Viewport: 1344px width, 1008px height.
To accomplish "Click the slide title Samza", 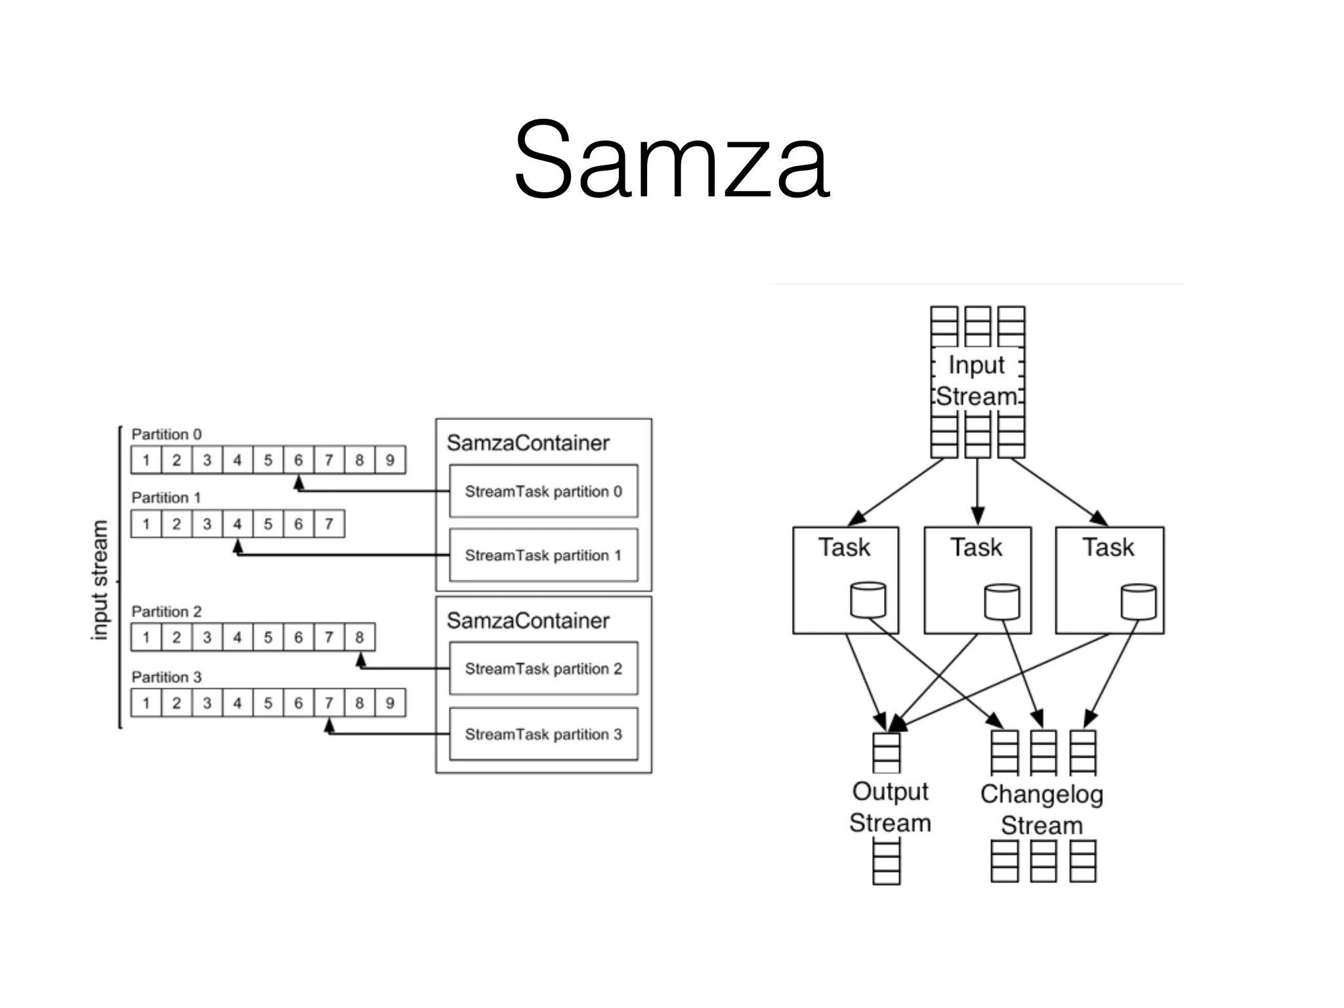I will (671, 159).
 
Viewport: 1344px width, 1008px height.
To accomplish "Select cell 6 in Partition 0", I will (299, 460).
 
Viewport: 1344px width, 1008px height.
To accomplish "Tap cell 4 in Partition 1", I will (238, 524).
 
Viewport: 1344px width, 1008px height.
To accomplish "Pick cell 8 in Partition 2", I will (360, 637).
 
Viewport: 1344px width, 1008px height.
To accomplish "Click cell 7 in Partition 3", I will (329, 703).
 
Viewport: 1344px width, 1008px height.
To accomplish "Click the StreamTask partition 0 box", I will (543, 492).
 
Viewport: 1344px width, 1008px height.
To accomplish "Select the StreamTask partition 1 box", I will (543, 555).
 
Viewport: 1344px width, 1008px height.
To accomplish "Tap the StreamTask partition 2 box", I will (543, 669).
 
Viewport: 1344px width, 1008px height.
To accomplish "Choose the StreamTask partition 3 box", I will (543, 734).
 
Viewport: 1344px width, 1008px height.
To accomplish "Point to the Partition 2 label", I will (167, 612).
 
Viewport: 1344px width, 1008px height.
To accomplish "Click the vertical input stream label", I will (99, 580).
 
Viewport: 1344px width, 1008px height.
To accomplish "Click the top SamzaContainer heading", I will (528, 443).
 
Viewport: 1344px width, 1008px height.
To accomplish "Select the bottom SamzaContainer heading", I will (528, 621).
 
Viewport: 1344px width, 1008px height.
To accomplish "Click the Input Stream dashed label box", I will (977, 380).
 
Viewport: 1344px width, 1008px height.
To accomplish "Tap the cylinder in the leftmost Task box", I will (868, 600).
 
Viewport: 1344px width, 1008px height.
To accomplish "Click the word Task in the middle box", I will (976, 547).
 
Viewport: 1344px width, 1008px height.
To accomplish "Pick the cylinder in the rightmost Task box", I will (1138, 602).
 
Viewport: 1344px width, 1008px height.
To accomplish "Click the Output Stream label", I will (890, 807).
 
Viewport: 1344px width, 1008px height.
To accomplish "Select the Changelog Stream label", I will (1041, 809).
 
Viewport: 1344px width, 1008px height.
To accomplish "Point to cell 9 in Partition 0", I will (390, 460).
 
